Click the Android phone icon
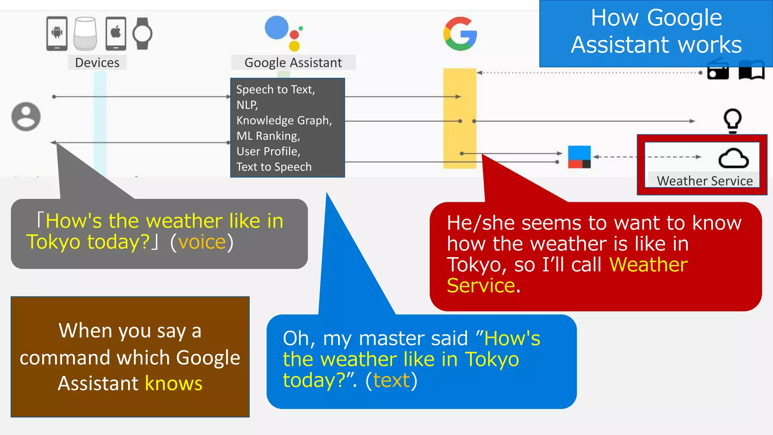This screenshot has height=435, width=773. (x=57, y=33)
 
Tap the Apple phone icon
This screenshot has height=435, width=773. (x=116, y=33)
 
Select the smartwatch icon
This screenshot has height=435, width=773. (x=143, y=34)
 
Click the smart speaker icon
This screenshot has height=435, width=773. (x=85, y=33)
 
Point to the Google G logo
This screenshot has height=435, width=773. (x=460, y=34)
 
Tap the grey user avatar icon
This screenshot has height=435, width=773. (x=26, y=117)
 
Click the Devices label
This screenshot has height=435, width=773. (x=97, y=63)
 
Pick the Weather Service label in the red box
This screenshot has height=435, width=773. (x=705, y=181)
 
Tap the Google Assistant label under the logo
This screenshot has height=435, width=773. (x=293, y=63)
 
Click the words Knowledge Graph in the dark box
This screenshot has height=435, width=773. (x=284, y=120)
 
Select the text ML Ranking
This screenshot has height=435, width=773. (x=268, y=136)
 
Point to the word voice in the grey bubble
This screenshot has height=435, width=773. (x=202, y=242)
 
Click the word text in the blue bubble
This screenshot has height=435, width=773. (x=391, y=380)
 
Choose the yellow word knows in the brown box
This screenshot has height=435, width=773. (x=174, y=383)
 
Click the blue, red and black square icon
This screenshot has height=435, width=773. (x=579, y=157)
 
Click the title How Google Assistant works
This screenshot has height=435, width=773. (x=656, y=31)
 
